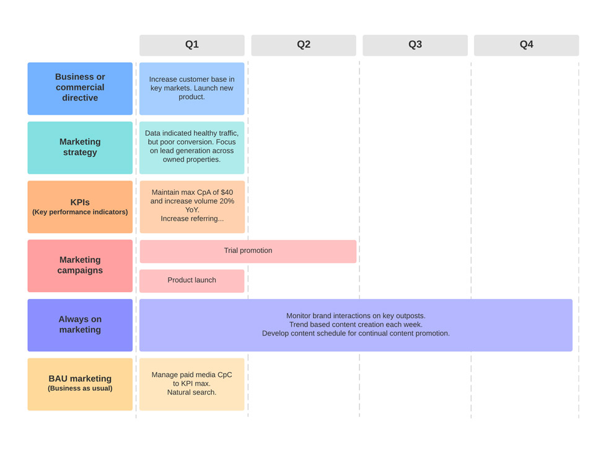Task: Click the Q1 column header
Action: [x=191, y=45]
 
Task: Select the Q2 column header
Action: [x=303, y=45]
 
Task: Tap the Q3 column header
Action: [x=415, y=45]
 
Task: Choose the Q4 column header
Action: [x=526, y=45]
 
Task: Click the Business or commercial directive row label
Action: [x=80, y=88]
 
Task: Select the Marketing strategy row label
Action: [x=80, y=148]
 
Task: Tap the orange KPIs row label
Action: [x=80, y=207]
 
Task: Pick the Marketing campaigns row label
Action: [x=80, y=265]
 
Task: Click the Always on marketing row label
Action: [x=80, y=325]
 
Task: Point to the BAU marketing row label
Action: [x=80, y=384]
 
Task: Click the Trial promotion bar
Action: [x=248, y=251]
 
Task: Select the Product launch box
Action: [x=191, y=280]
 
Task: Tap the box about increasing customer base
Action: [x=191, y=88]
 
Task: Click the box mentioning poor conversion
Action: [x=191, y=147]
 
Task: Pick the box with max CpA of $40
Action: [x=192, y=207]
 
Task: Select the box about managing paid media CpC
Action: [x=191, y=384]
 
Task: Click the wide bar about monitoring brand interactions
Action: [x=356, y=325]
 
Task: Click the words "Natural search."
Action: [x=191, y=393]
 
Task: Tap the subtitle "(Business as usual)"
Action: [x=80, y=389]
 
